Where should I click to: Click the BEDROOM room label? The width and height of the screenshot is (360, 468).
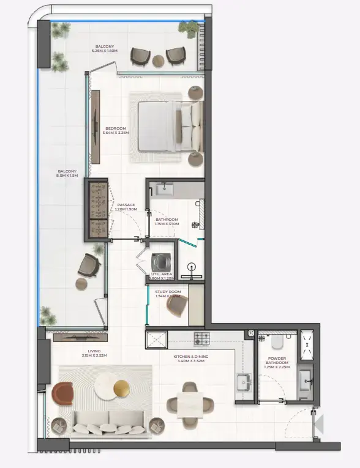tap(116, 128)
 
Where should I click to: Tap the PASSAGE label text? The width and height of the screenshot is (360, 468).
tap(126, 206)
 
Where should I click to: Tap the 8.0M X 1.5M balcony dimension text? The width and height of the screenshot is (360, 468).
tap(67, 176)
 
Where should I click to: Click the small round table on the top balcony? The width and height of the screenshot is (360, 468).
tap(158, 60)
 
